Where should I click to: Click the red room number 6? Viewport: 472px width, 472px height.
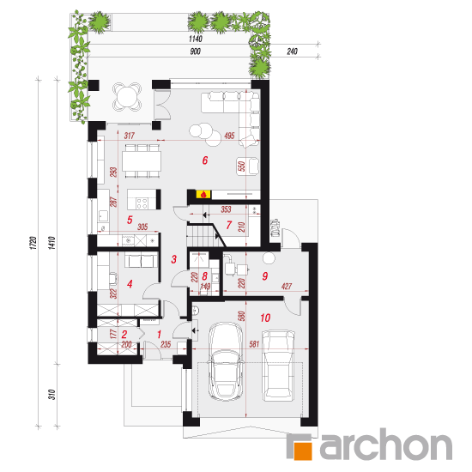tap(205, 160)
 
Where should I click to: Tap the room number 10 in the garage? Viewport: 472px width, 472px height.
tap(265, 318)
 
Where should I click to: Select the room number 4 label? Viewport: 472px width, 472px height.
tap(130, 284)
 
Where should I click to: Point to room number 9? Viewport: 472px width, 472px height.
tap(265, 276)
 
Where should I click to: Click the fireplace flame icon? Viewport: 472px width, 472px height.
tap(203, 194)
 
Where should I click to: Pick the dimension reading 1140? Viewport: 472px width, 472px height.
tap(196, 39)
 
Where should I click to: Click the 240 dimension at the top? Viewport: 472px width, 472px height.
tap(292, 51)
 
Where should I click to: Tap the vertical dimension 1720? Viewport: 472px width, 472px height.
tap(33, 243)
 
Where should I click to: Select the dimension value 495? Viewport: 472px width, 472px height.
tap(229, 136)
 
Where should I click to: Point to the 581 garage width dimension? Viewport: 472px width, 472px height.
tap(254, 343)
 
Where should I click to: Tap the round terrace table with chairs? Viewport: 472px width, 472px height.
tap(127, 97)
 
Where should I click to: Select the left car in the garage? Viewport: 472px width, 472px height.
tap(226, 361)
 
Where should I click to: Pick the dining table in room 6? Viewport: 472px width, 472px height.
tap(142, 161)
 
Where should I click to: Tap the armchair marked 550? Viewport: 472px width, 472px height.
tap(248, 166)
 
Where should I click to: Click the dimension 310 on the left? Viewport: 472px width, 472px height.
tap(52, 395)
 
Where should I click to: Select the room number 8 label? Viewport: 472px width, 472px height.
tap(205, 276)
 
